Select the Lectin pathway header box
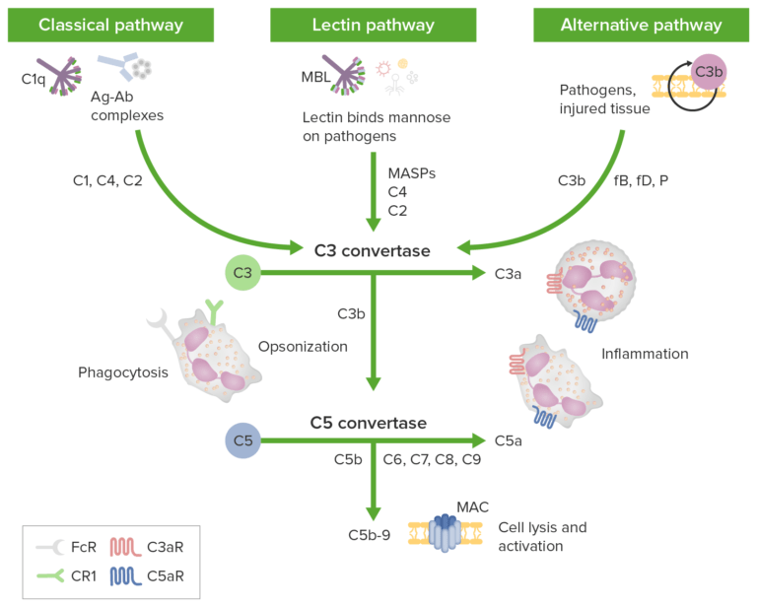pyautogui.click(x=378, y=25)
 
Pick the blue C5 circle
pyautogui.click(x=242, y=441)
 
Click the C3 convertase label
pyautogui.click(x=372, y=251)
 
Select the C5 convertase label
pyautogui.click(x=369, y=423)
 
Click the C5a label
pyautogui.click(x=509, y=441)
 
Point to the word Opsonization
pyautogui.click(x=304, y=347)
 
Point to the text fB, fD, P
pyautogui.click(x=641, y=181)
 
